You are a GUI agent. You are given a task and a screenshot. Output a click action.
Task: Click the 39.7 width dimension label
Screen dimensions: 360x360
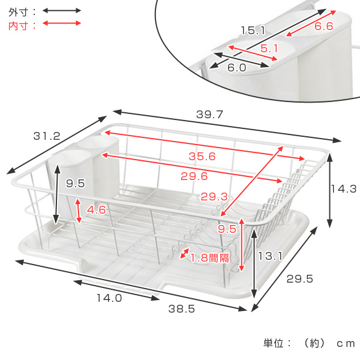tap(209, 115)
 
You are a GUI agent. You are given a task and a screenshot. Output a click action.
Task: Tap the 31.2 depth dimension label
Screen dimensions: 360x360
tap(47, 136)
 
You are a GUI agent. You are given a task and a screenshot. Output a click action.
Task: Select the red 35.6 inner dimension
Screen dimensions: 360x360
tap(202, 157)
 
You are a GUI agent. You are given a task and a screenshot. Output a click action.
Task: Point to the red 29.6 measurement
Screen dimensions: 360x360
tap(194, 176)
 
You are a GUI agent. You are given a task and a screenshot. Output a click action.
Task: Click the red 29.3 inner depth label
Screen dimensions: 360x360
tap(214, 197)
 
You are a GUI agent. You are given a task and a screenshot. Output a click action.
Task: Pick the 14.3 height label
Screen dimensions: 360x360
tap(343, 189)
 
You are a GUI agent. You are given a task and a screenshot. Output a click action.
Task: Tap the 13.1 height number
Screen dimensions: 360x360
tap(270, 256)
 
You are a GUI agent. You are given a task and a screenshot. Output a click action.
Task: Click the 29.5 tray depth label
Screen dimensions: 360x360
tap(299, 279)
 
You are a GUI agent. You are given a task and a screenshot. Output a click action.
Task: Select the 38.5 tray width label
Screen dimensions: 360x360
tap(182, 309)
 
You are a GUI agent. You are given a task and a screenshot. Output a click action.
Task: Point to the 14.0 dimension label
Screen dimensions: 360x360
tap(109, 298)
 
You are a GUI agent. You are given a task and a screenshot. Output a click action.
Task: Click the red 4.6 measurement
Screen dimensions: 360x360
tap(96, 210)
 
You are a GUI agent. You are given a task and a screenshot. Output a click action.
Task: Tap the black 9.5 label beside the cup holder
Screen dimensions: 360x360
tap(76, 183)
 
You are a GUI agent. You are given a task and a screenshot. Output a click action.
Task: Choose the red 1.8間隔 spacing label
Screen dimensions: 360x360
tap(209, 258)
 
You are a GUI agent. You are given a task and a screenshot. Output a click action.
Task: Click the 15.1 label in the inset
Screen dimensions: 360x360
tap(253, 31)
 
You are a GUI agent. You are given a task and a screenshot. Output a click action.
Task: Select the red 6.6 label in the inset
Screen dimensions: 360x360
tap(323, 26)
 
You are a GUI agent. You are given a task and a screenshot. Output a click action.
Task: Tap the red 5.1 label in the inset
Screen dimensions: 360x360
tap(269, 49)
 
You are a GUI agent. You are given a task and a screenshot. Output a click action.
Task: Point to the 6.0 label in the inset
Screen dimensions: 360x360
tap(237, 67)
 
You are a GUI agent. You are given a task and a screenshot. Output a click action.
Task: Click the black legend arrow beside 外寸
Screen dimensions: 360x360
tap(62, 11)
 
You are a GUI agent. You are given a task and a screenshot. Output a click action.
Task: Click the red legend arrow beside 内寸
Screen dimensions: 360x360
tap(62, 23)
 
